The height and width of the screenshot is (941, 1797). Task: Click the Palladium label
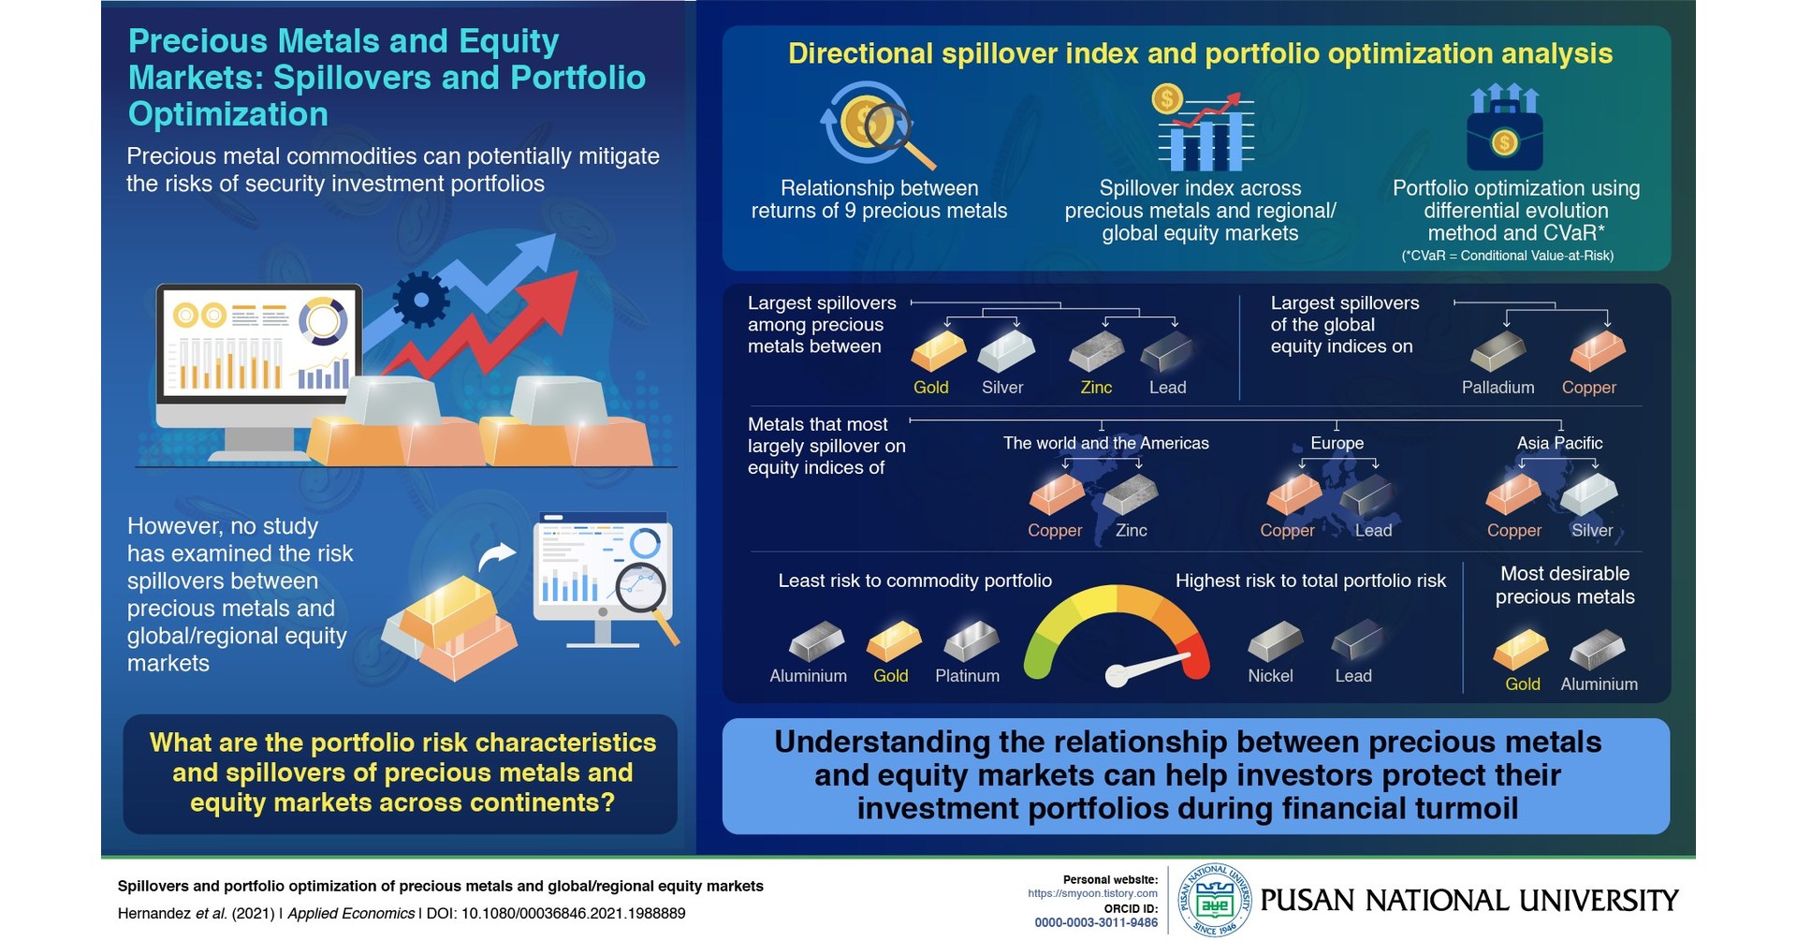tap(1497, 388)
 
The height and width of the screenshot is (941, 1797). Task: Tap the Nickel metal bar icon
tap(1275, 641)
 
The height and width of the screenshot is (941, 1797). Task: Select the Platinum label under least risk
tap(967, 676)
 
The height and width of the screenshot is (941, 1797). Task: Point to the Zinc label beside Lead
tap(1096, 388)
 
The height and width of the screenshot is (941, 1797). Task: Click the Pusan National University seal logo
tap(1214, 901)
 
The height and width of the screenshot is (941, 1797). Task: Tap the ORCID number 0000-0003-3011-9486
tap(1096, 923)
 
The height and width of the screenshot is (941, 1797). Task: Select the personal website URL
tap(1092, 893)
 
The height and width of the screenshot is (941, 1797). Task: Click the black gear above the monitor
tap(420, 300)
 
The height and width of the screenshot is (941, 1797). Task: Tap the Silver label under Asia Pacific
tap(1592, 531)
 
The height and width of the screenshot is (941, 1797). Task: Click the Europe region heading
tap(1337, 443)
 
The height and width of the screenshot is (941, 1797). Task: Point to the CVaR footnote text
tap(1507, 256)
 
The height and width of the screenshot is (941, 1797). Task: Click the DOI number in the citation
tap(573, 914)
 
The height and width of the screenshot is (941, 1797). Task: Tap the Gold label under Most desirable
tap(1522, 684)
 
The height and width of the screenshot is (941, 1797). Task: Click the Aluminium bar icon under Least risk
tap(815, 641)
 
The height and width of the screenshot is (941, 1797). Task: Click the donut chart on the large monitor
tap(323, 320)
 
